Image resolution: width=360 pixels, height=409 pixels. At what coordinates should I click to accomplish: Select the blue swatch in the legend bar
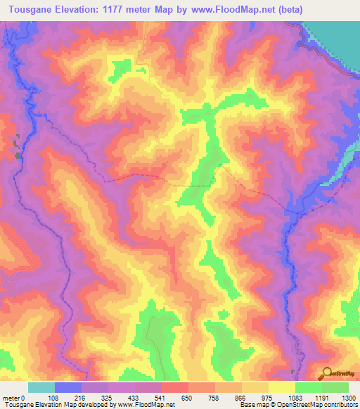pos(68,387)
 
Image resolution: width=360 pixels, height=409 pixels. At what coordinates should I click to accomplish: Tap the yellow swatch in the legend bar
pos(282,387)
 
